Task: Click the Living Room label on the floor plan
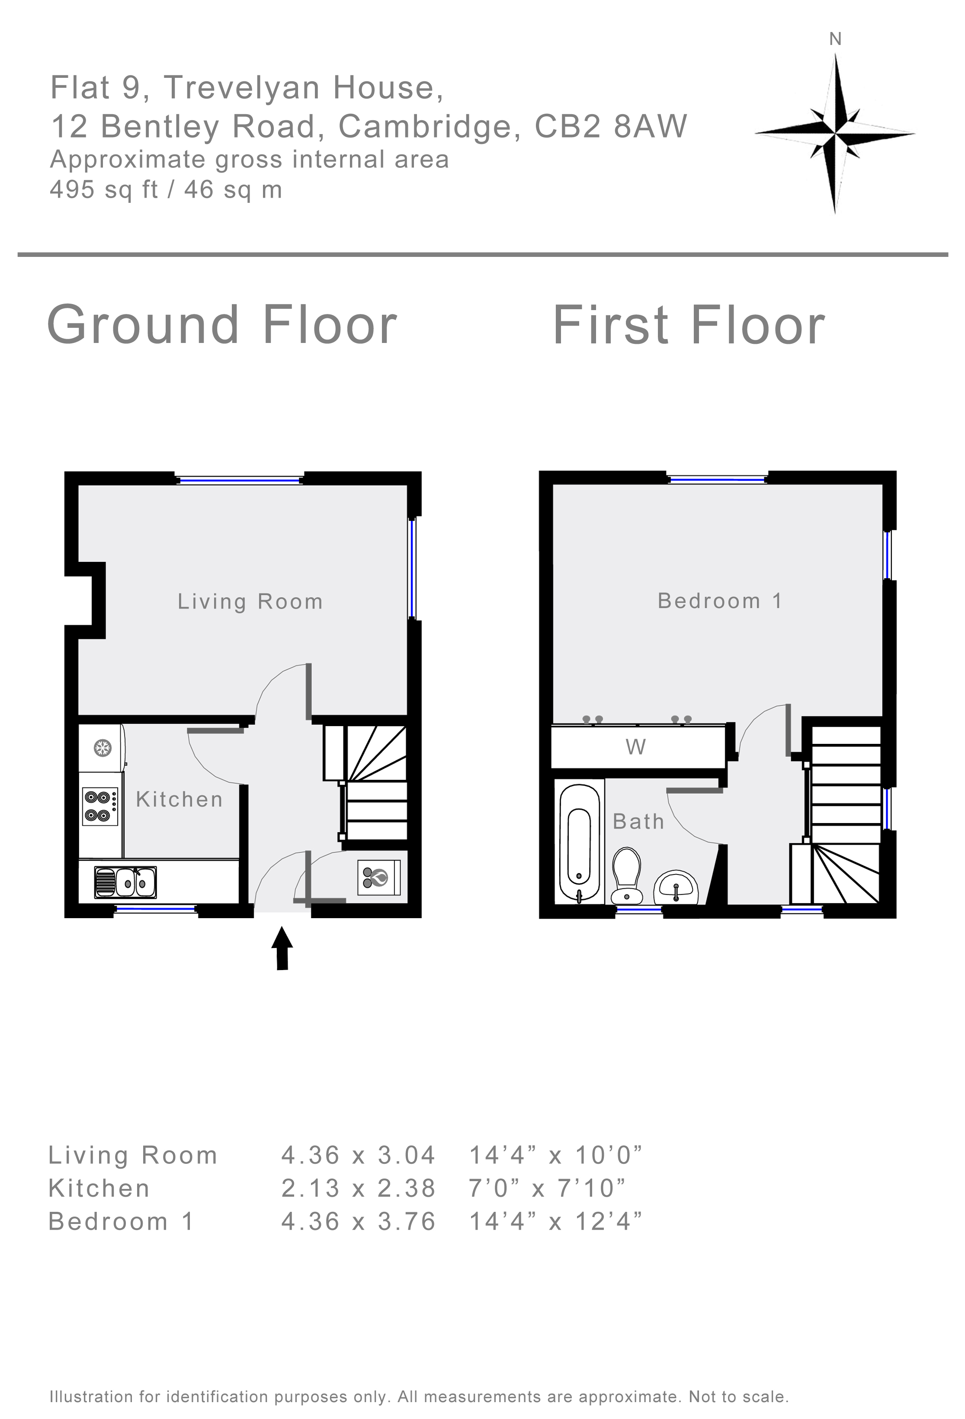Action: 250,602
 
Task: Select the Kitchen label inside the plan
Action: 180,799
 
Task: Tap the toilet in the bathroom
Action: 626,874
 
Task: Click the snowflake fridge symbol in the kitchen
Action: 101,747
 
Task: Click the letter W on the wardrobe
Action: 636,747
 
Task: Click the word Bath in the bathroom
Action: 638,821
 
